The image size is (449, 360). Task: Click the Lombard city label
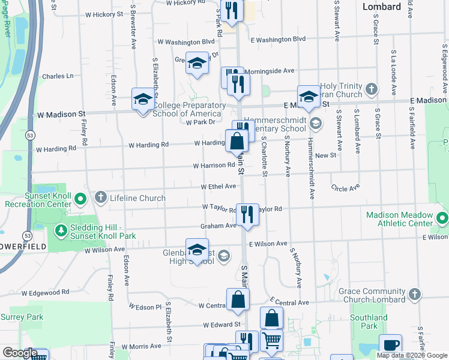pos(382,7)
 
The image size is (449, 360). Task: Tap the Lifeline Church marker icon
pos(100,197)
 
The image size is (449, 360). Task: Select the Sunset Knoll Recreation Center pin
pos(83,198)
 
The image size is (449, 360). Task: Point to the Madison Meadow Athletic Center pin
pos(442,217)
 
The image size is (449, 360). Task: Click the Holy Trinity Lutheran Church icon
pos(372,89)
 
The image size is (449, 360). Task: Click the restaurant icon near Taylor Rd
pos(247,213)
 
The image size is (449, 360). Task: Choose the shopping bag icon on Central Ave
pos(238,299)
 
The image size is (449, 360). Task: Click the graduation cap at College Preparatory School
pos(143,100)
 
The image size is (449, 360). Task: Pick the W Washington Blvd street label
pos(185,42)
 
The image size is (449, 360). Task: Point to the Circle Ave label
pos(345,187)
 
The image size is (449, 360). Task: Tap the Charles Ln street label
pos(58,76)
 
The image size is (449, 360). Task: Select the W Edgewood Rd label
pos(46,292)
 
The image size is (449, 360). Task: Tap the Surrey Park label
pos(22,317)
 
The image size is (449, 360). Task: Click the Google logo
pos(20,353)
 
